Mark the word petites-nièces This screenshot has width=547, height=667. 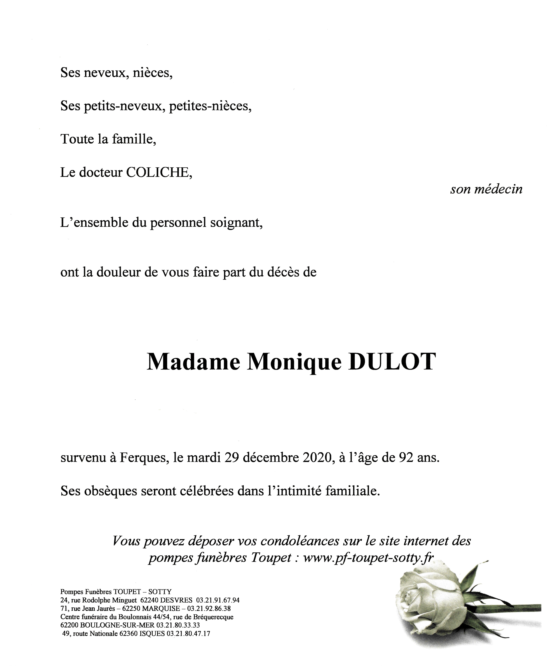(x=210, y=107)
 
